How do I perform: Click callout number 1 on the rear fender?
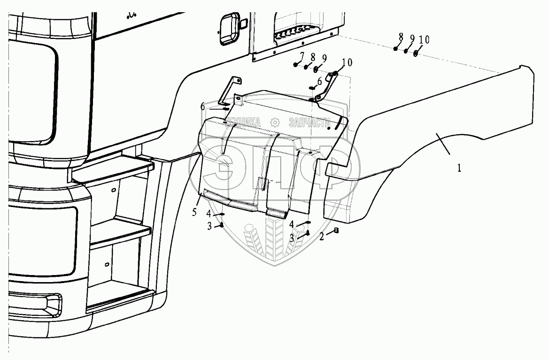(x=459, y=168)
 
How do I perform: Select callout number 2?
(x=322, y=237)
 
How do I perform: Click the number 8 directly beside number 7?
(x=312, y=57)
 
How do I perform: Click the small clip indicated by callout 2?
(x=336, y=230)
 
